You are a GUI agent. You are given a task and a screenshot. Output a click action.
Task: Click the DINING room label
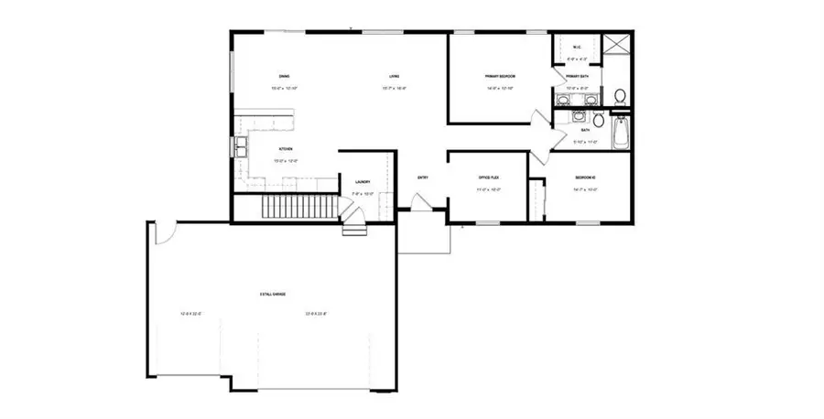pyautogui.click(x=285, y=75)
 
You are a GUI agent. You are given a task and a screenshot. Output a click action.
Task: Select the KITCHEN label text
pyautogui.click(x=285, y=148)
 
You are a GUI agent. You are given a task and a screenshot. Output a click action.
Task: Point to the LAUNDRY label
pyautogui.click(x=362, y=181)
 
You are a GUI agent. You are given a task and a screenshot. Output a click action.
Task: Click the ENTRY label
pyautogui.click(x=423, y=177)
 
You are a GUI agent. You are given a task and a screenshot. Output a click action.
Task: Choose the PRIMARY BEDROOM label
pyautogui.click(x=501, y=75)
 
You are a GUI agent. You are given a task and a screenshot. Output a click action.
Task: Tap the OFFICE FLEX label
pyautogui.click(x=486, y=177)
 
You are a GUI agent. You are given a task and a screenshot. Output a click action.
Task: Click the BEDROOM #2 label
pyautogui.click(x=585, y=177)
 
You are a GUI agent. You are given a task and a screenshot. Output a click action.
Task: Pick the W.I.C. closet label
pyautogui.click(x=578, y=48)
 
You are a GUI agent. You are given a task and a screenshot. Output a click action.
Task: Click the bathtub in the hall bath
pyautogui.click(x=622, y=133)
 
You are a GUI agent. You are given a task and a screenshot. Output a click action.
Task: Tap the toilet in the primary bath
pyautogui.click(x=620, y=95)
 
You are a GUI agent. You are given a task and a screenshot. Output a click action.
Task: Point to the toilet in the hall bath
pyautogui.click(x=598, y=120)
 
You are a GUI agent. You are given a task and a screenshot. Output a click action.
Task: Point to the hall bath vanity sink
pyautogui.click(x=579, y=117)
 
